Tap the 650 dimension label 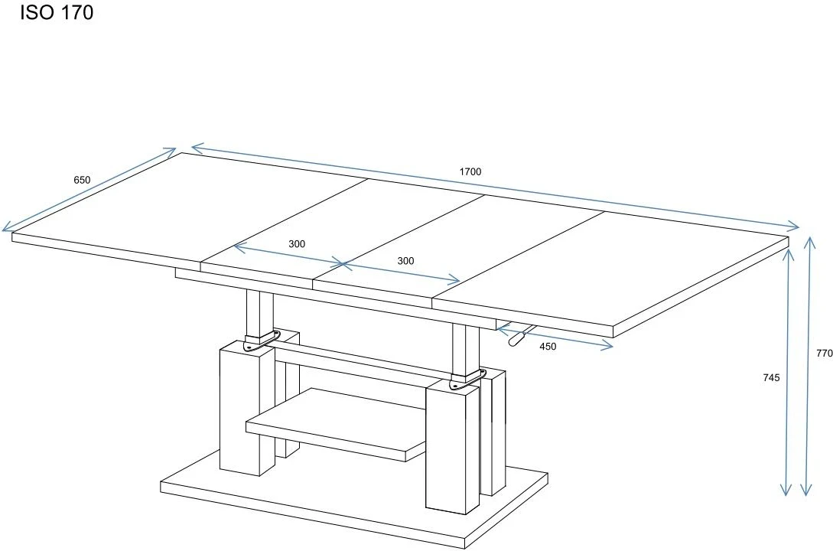click(82, 180)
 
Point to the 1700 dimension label click(470, 171)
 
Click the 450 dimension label click(548, 347)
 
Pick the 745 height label click(771, 378)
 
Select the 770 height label click(825, 353)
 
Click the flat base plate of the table click(354, 505)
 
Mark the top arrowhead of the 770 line click(809, 243)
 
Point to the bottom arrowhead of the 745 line click(786, 490)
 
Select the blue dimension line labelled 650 click(89, 190)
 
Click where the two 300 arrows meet click(343, 263)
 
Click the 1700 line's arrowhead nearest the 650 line click(197, 147)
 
